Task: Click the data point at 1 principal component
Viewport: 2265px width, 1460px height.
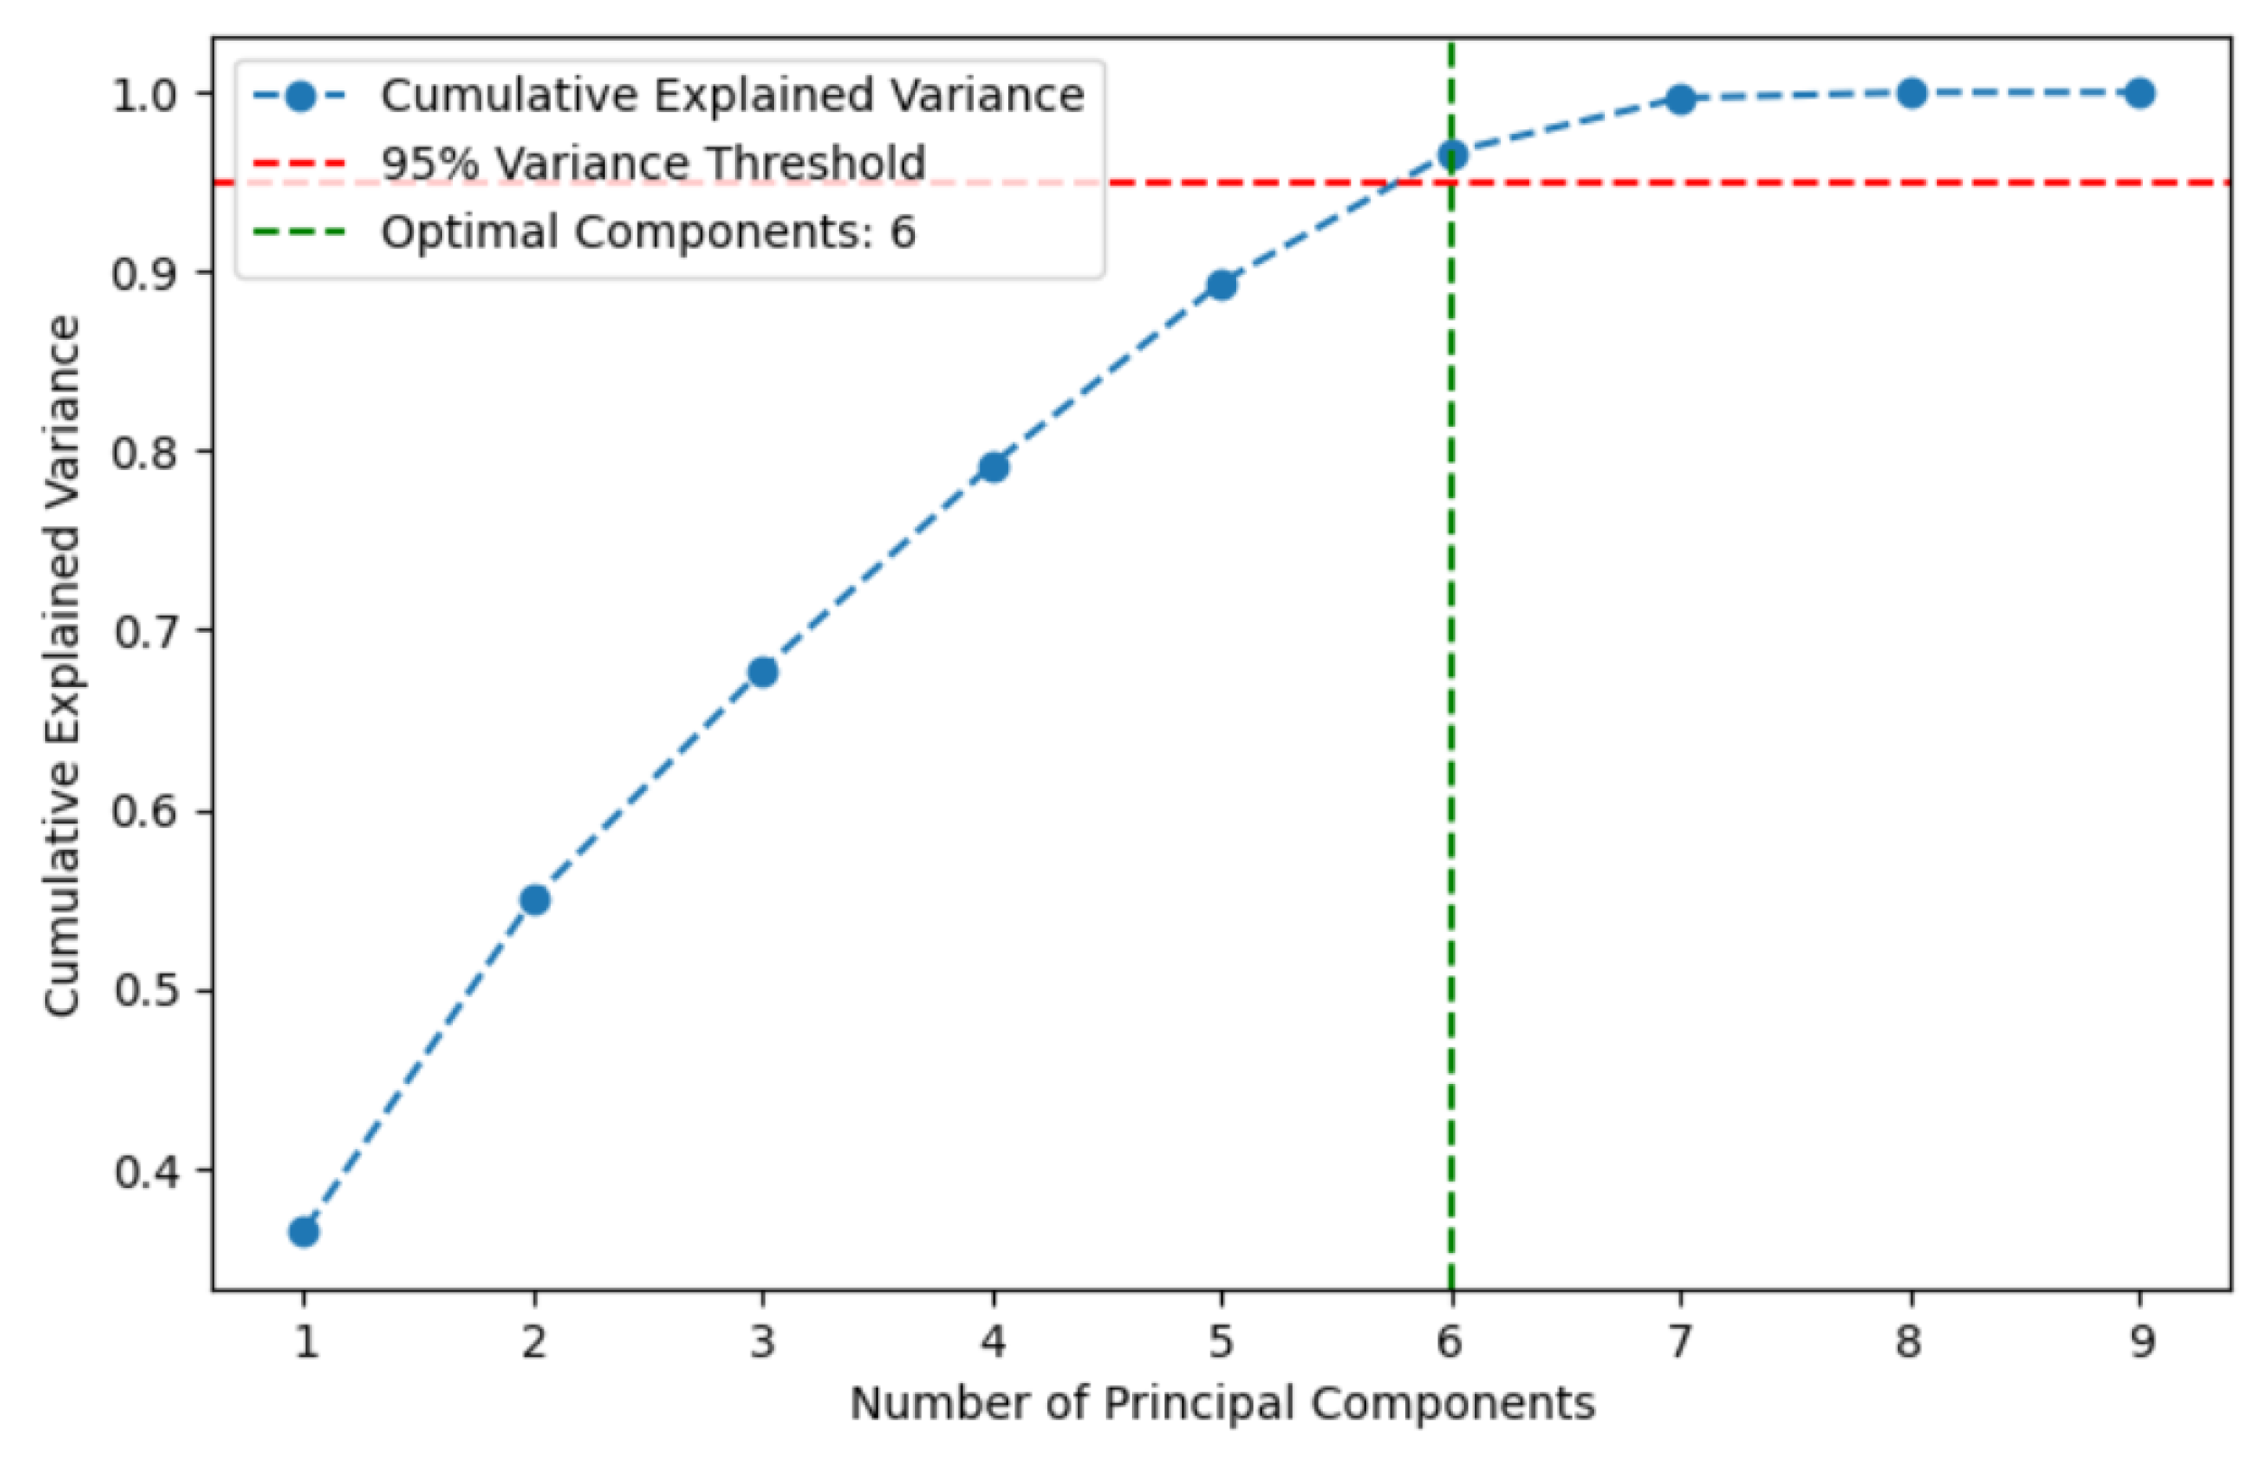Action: (x=304, y=1231)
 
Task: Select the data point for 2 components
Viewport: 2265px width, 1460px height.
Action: (x=534, y=899)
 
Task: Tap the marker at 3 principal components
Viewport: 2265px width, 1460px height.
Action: (x=763, y=673)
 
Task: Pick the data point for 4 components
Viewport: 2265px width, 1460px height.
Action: (x=994, y=466)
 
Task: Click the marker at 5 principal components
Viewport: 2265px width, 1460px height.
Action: (x=1222, y=285)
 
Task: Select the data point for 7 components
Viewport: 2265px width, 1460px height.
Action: (x=1681, y=99)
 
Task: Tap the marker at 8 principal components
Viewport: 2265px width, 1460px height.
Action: (x=1911, y=93)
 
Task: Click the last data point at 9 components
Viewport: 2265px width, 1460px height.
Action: (x=2140, y=93)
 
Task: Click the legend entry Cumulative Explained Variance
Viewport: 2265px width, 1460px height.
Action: (x=731, y=96)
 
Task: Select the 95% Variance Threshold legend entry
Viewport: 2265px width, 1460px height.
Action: (x=653, y=163)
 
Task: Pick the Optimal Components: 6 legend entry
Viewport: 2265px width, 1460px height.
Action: (x=648, y=232)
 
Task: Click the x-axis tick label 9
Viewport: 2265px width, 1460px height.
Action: (x=2140, y=1342)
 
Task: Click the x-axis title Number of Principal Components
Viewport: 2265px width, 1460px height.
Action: (x=1222, y=1404)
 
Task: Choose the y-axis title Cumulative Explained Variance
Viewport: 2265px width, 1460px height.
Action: (x=62, y=665)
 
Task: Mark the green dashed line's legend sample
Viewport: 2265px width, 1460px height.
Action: (x=299, y=232)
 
